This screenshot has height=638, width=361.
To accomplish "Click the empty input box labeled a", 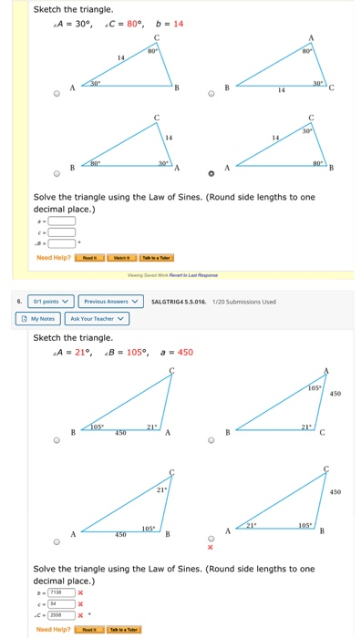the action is pos(62,220).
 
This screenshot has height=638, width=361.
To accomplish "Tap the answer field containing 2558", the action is pos(62,615).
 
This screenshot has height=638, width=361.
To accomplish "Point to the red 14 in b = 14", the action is pos(179,24).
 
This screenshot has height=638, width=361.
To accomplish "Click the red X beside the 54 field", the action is pos(80,603).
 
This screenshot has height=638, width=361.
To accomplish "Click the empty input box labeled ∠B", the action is pos(62,242).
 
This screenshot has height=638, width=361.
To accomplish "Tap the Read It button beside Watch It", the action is pos(90,257).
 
